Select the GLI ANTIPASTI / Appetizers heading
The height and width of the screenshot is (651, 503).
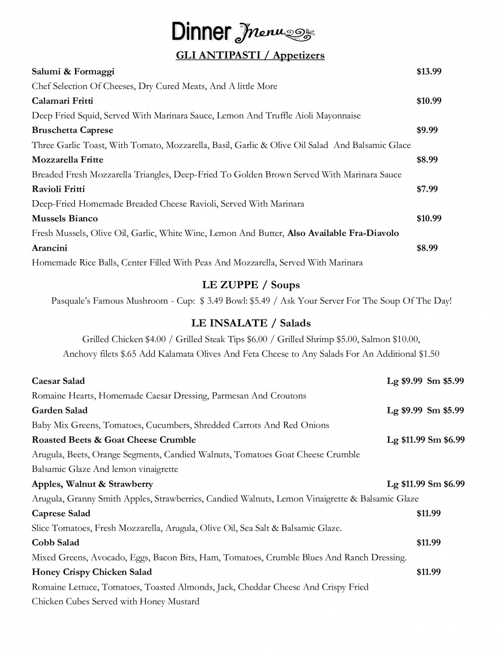pos(250,55)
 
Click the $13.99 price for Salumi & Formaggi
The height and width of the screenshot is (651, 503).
pos(429,71)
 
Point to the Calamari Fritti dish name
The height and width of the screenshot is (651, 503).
pos(62,101)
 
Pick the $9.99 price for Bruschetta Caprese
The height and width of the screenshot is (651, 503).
pos(427,130)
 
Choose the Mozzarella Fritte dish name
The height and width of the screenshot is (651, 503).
pos(67,159)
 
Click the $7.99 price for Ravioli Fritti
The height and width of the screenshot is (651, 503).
pos(427,189)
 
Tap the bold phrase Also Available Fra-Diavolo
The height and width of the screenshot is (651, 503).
pos(343,233)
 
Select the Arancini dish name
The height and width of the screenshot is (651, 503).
pos(49,248)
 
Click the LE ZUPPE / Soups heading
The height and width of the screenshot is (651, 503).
pos(250,285)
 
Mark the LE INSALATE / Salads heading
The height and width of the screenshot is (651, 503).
pos(250,323)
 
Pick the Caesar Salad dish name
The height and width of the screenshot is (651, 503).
pos(58,381)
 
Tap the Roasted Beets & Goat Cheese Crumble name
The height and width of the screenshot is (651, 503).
pos(114,440)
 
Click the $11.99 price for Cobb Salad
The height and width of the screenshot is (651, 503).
pos(429,542)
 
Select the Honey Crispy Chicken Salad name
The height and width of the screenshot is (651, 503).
pos(92,572)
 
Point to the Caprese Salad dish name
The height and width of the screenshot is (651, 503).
pos(61,513)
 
